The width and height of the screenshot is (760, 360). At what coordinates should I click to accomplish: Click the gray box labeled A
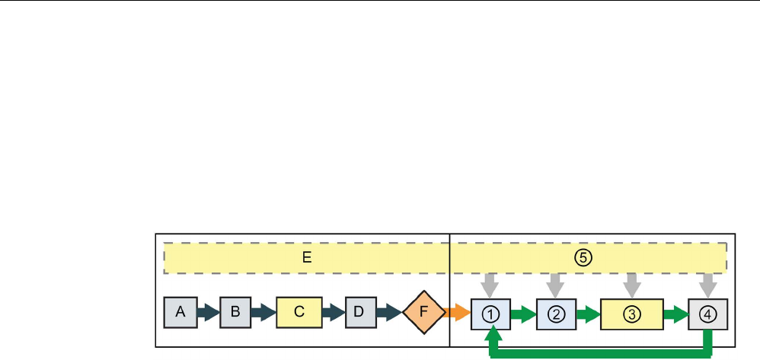180,312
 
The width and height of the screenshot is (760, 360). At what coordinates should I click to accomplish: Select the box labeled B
236,312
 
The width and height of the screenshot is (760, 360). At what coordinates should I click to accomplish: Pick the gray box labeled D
360,312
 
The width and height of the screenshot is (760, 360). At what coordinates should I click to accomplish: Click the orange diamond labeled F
423,312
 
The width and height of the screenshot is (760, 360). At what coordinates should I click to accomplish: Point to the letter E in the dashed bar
307,258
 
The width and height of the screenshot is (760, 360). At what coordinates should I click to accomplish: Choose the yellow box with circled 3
629,312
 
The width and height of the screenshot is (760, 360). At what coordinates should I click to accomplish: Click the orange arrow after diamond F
458,312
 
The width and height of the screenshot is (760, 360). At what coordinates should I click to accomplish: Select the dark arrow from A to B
208,312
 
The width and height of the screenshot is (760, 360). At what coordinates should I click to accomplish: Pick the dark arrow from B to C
263,312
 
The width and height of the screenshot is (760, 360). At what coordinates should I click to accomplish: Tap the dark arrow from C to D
333,312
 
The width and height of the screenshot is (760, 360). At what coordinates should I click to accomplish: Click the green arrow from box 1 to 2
522,312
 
